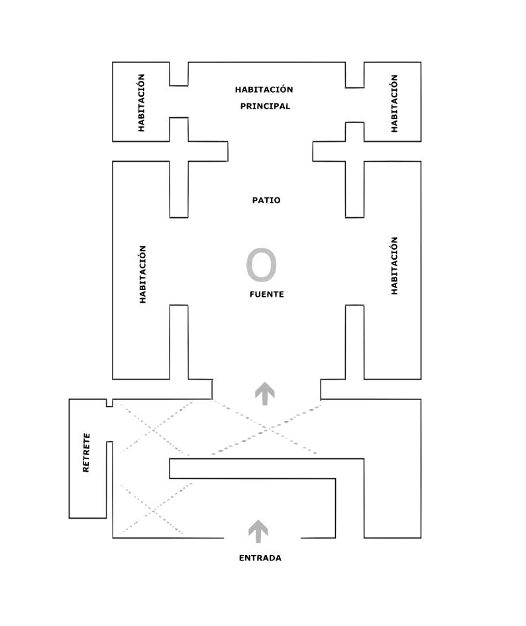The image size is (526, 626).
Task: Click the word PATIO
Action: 266,200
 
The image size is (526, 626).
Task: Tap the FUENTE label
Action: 266,294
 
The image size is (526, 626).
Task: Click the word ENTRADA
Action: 260,558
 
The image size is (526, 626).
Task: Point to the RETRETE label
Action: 86,452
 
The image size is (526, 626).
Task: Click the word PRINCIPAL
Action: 265,106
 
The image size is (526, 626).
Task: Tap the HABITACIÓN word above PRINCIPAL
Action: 264,89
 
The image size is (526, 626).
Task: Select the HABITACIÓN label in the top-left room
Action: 141,103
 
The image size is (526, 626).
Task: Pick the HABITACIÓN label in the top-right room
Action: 394,103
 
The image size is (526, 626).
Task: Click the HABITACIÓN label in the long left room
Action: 142,274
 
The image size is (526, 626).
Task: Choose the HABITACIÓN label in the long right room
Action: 394,266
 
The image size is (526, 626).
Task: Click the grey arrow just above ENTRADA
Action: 258,531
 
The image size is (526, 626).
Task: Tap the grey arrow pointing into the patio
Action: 265,393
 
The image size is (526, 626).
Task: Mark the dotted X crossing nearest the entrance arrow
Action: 152,510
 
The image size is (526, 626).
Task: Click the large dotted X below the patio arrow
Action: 266,429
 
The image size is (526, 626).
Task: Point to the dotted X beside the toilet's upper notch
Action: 153,429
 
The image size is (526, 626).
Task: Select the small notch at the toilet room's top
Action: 109,403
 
